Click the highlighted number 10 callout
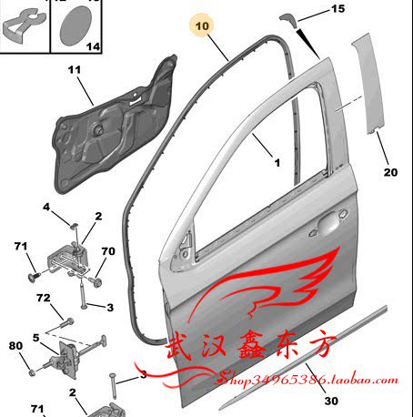[202, 25]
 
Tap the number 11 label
[75, 70]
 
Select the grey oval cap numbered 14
[76, 25]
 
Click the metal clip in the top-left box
[24, 25]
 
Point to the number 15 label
[337, 8]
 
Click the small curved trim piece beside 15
[287, 19]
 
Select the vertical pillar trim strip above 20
[368, 84]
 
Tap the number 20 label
[390, 172]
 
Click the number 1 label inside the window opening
[277, 163]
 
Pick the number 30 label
[331, 401]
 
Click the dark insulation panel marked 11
[114, 125]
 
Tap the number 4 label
[46, 207]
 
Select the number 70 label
[108, 251]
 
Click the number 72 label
[44, 298]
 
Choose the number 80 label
[15, 346]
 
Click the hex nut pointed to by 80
[31, 372]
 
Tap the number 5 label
[36, 338]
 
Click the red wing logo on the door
[267, 282]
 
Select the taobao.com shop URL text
[307, 380]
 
